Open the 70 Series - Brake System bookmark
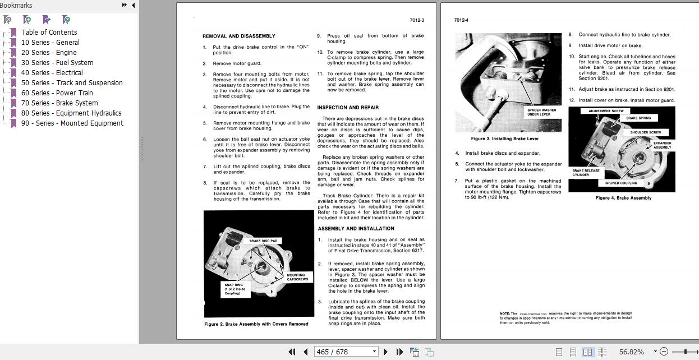[x=59, y=103]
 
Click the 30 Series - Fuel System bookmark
[x=57, y=62]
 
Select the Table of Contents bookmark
[x=49, y=32]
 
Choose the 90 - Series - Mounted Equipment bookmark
[x=72, y=123]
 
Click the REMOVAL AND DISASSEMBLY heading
[x=239, y=36]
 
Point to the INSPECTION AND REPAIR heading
[x=348, y=107]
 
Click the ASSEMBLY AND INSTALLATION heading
[x=356, y=228]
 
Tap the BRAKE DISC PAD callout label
[x=263, y=241]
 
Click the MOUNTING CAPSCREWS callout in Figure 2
[x=297, y=277]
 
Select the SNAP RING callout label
[x=233, y=289]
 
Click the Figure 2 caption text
[x=256, y=324]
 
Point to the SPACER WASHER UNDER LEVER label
[x=541, y=112]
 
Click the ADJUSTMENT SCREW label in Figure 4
[x=605, y=110]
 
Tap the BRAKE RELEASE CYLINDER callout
[x=586, y=173]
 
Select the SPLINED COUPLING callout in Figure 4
[x=621, y=183]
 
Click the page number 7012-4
[x=461, y=20]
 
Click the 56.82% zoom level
[x=631, y=352]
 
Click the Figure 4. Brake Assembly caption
[x=623, y=197]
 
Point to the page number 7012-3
[x=416, y=20]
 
